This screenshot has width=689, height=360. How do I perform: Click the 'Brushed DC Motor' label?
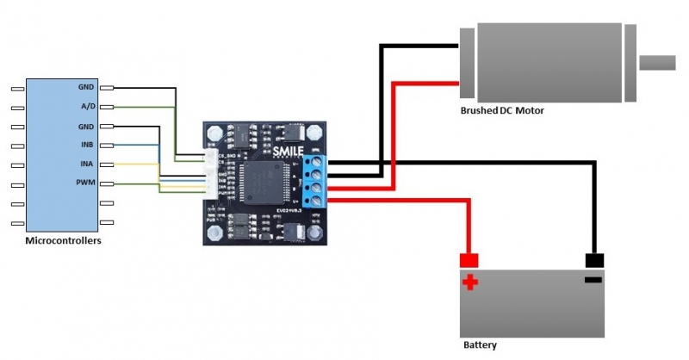[502, 111]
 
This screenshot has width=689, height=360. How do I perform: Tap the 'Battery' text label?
[480, 344]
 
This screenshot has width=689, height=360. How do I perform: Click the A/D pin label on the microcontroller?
[87, 107]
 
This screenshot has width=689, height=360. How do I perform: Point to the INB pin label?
[87, 145]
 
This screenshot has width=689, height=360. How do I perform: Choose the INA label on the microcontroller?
[87, 164]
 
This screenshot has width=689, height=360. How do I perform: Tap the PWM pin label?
[86, 183]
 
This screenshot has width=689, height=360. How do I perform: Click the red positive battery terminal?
[469, 260]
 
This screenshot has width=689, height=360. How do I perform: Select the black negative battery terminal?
[594, 260]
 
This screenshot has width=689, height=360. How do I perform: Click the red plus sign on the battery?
[470, 282]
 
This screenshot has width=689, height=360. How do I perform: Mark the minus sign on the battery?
[593, 281]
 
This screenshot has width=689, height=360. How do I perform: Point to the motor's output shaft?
[658, 63]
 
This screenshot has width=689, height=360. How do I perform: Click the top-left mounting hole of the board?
[214, 134]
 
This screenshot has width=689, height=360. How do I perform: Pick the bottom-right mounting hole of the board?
[318, 232]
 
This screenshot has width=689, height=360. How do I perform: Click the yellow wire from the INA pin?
[138, 164]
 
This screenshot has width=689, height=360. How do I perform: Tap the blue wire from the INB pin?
[138, 145]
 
